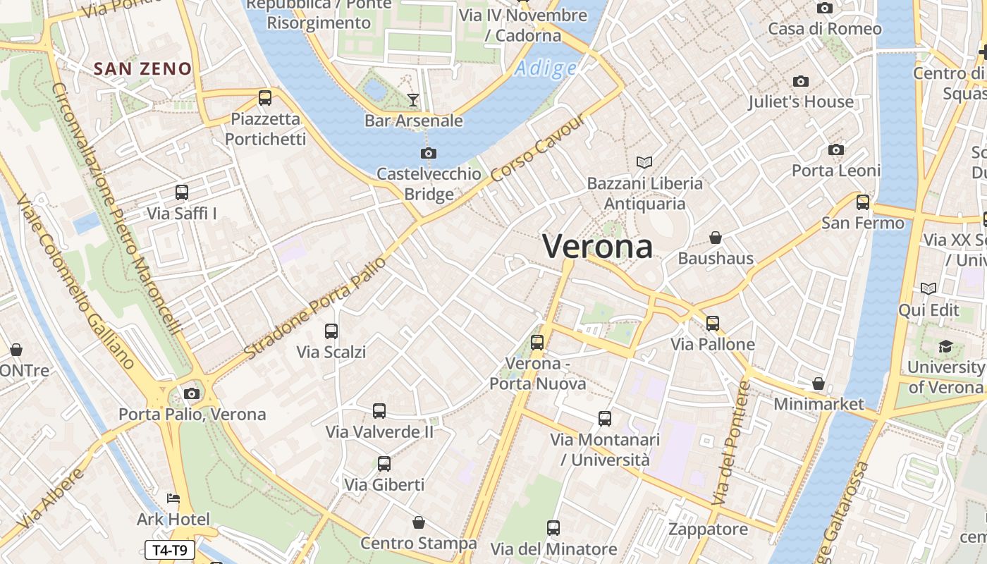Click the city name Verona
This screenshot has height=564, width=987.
[x=597, y=246]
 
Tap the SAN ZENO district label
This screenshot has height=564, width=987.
[x=143, y=68]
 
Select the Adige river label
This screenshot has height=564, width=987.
[x=545, y=68]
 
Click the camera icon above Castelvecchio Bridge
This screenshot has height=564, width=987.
[x=428, y=154]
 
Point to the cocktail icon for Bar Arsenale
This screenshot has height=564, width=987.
[x=413, y=100]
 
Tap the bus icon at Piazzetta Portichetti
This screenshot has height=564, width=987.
[x=265, y=98]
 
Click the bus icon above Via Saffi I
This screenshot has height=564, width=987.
[x=182, y=192]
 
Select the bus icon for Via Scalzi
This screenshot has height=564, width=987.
[x=331, y=331]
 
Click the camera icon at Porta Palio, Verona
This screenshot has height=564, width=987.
[x=192, y=393]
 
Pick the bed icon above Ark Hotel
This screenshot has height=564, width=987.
[x=173, y=499]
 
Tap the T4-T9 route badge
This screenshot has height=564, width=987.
[x=169, y=550]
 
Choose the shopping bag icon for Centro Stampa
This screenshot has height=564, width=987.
[x=419, y=523]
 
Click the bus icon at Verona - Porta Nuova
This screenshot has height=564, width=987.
[x=537, y=343]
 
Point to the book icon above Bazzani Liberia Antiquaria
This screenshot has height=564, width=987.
[x=644, y=163]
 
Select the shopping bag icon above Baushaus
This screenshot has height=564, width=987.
[x=716, y=238]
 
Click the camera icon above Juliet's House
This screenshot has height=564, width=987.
[x=801, y=81]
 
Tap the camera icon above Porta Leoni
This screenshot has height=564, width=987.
[x=836, y=149]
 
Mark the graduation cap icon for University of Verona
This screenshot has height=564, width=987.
[x=945, y=346]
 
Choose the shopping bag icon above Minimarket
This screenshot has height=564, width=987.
[x=819, y=384]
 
